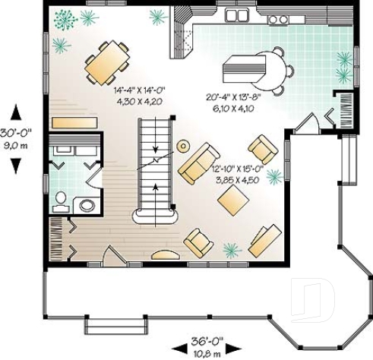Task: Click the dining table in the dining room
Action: pyautogui.click(x=107, y=62)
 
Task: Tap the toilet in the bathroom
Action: pyautogui.click(x=61, y=199)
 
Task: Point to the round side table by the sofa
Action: pyautogui.click(x=183, y=146)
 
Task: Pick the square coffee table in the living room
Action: pyautogui.click(x=232, y=200)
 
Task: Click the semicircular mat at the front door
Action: pyautogui.click(x=166, y=255)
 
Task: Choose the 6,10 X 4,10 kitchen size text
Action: pyautogui.click(x=233, y=109)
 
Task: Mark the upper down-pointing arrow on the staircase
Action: pyautogui.click(x=154, y=149)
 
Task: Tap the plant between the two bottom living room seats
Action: pyautogui.click(x=232, y=249)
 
